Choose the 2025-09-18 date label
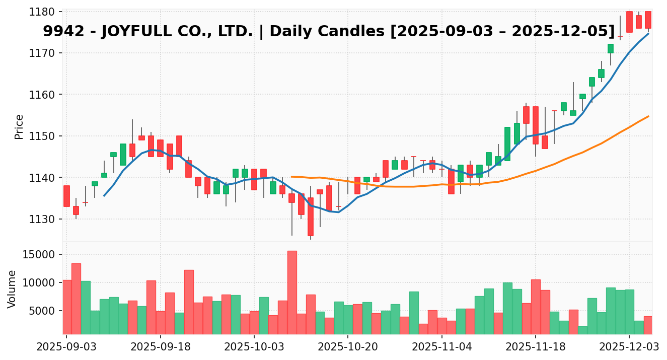(160, 347)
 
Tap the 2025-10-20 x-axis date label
(348, 347)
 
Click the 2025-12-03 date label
(629, 347)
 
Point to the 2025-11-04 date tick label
(441, 347)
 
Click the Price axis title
(19, 126)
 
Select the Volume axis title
(12, 289)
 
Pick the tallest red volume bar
(292, 292)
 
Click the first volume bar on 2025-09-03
(66, 307)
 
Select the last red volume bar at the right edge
(648, 325)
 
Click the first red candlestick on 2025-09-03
(66, 196)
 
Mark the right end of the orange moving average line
(648, 116)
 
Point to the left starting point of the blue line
(104, 196)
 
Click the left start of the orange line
(292, 177)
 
